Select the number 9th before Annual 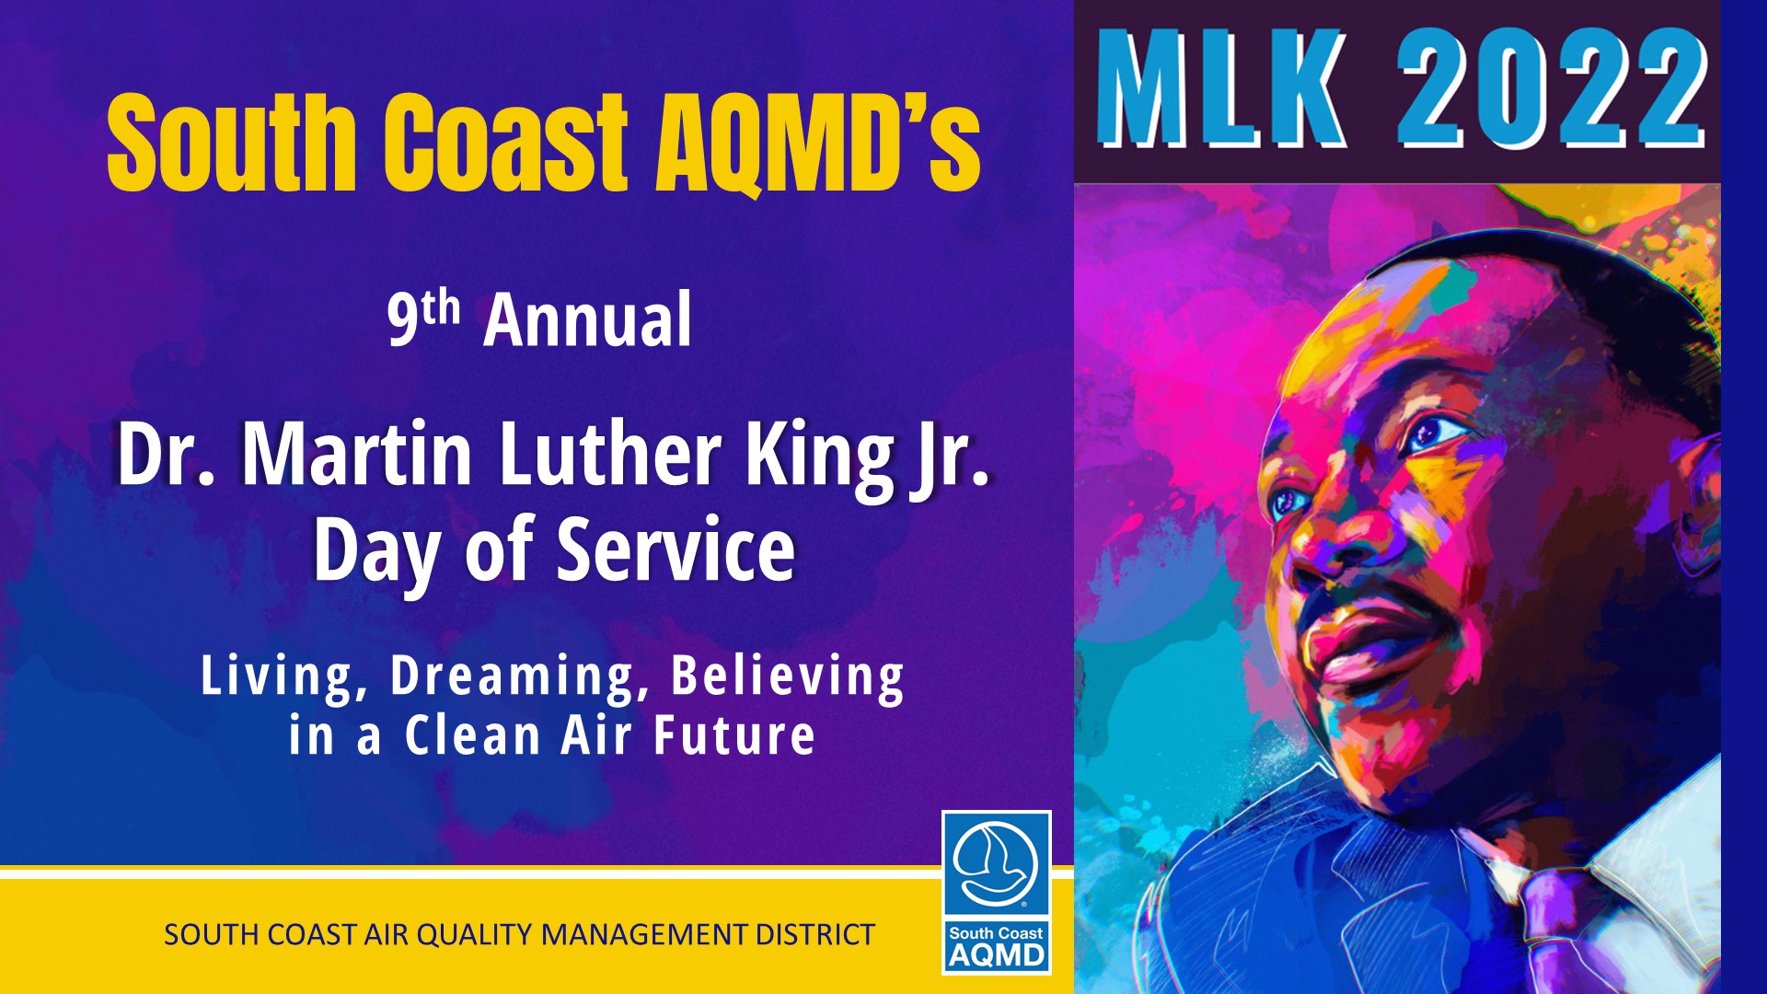tap(423, 317)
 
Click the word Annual tap(587, 319)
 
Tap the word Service tap(676, 549)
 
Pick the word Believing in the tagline tap(788, 677)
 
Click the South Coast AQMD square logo tap(997, 892)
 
